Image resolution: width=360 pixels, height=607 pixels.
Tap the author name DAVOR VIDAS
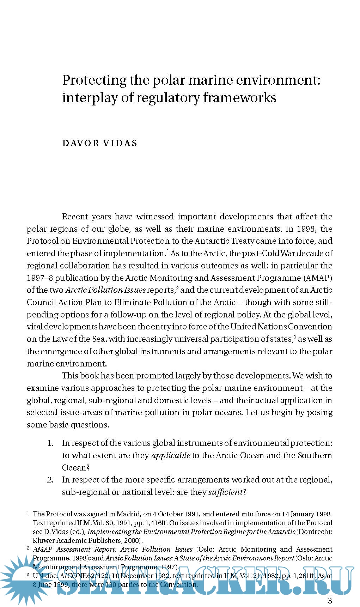pos(100,143)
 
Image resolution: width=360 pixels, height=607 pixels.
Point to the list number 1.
pos(50,443)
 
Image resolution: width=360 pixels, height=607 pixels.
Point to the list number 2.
pos(50,480)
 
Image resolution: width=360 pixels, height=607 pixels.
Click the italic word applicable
pos(171,456)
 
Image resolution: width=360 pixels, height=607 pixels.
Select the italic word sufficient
pos(225,492)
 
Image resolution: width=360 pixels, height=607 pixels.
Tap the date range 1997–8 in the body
pos(39,278)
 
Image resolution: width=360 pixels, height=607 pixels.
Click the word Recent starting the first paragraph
pos(77,217)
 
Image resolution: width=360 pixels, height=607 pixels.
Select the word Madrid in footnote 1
pos(128,514)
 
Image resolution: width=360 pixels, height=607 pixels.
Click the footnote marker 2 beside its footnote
pos(28,548)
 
